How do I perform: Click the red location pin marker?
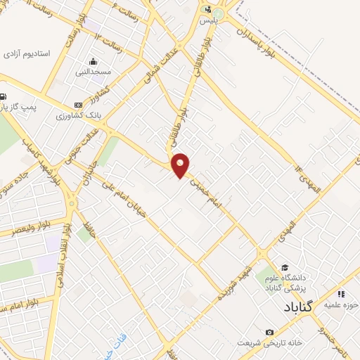coord(181,165)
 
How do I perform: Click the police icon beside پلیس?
coord(207,10)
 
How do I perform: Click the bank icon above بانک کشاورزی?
coord(77,105)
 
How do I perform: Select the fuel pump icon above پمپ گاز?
coord(4,97)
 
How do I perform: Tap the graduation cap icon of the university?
coord(285,267)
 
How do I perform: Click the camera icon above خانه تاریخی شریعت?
coord(269,332)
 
